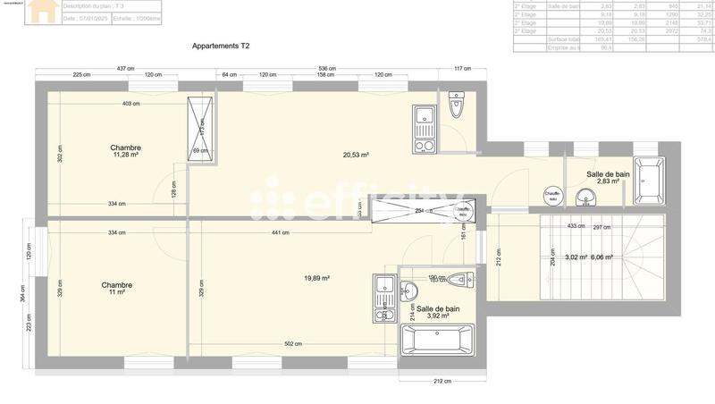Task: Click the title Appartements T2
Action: click(222, 45)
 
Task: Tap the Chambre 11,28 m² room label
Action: click(126, 151)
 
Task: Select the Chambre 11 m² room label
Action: click(118, 289)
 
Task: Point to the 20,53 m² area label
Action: click(357, 155)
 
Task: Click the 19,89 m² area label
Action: click(316, 278)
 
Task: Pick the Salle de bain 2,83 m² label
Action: click(608, 177)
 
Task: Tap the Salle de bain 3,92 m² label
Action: click(438, 312)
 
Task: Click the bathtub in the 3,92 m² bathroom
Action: click(438, 341)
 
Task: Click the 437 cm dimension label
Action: click(125, 69)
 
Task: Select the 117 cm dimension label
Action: click(462, 69)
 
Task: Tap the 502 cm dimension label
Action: click(292, 344)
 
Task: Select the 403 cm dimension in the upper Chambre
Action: click(131, 104)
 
